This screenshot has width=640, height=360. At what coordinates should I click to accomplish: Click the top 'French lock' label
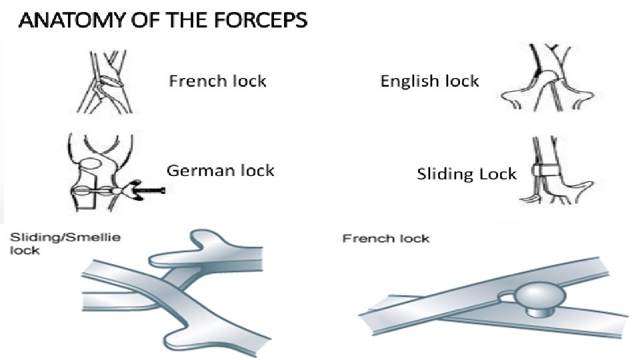coord(217,82)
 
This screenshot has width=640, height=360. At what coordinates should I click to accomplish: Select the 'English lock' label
coord(429,82)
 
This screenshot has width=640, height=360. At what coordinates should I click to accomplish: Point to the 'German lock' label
coord(220,171)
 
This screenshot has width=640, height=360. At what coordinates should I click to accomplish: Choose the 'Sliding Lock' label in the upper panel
coord(467,175)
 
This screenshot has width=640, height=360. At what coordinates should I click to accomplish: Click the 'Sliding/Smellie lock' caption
coord(63,244)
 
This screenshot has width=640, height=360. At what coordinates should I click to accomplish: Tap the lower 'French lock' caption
coord(385,239)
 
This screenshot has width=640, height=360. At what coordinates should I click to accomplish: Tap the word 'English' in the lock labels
coord(407,82)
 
